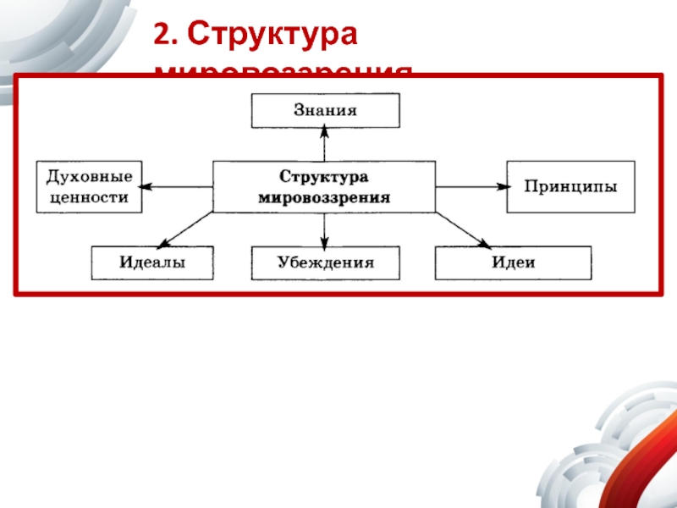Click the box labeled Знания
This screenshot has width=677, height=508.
(x=325, y=110)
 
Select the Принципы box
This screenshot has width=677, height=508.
(x=570, y=186)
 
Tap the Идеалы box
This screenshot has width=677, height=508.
(x=151, y=262)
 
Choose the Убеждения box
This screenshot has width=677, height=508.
(x=325, y=262)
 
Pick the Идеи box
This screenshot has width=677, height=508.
(x=513, y=262)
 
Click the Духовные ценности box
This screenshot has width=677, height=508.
(x=88, y=186)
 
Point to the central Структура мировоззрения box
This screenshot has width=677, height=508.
(x=324, y=187)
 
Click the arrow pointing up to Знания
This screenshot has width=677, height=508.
(x=324, y=144)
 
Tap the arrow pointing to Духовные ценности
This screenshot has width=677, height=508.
(x=176, y=186)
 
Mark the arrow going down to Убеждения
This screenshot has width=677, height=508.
(x=324, y=229)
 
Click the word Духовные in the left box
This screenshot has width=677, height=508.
(x=88, y=178)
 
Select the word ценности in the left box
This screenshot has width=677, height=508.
(x=88, y=196)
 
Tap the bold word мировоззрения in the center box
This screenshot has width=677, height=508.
(x=324, y=196)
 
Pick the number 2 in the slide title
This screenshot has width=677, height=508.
(x=162, y=36)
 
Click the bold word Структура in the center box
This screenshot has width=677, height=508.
(x=324, y=178)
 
